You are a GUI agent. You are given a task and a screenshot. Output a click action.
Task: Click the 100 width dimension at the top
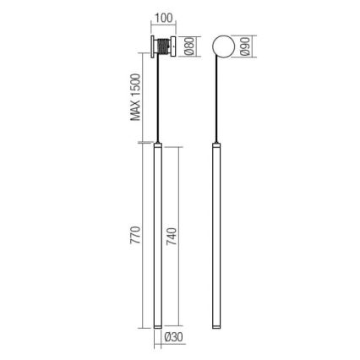pyautogui.click(x=164, y=17)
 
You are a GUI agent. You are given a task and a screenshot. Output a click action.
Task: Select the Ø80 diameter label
pyautogui.click(x=190, y=46)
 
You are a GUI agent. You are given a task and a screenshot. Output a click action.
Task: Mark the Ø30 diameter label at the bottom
pyautogui.click(x=173, y=338)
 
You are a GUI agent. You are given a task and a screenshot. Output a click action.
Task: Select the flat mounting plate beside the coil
pyautogui.click(x=153, y=46)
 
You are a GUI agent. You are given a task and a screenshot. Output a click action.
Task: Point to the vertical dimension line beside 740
pyautogui.click(x=180, y=237)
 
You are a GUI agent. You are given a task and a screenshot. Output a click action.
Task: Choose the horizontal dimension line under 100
pyautogui.click(x=164, y=26)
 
